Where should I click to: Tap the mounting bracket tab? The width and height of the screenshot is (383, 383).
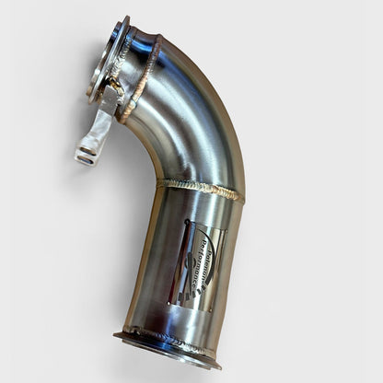pos(96,133)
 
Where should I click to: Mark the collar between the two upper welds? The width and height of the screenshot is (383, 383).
pos(134,68)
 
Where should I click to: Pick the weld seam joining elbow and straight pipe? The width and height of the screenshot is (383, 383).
pos(199,189)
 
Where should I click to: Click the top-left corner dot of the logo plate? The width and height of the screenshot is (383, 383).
pos(185,223)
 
